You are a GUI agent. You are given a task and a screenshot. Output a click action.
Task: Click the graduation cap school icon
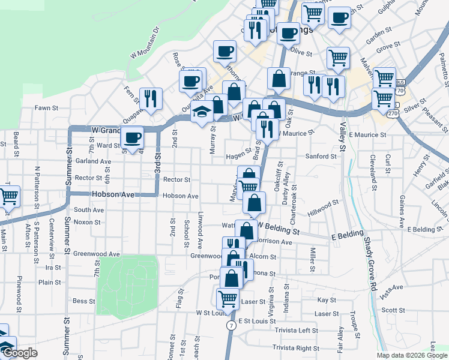coord(201,113)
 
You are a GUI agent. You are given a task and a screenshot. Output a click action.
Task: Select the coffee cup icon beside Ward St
coord(132,137)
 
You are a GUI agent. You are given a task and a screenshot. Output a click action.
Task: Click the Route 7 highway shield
coord(231,325)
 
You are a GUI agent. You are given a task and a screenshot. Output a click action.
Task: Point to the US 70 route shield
coord(400,90)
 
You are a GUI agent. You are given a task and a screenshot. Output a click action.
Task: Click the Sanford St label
coord(321,156)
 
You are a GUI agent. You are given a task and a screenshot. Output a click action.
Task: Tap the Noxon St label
coord(87,222)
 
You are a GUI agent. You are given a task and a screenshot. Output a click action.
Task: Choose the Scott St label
coord(394,310)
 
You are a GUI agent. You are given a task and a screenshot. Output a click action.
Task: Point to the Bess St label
coord(80,301)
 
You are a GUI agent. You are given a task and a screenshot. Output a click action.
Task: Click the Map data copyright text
coord(405,355)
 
